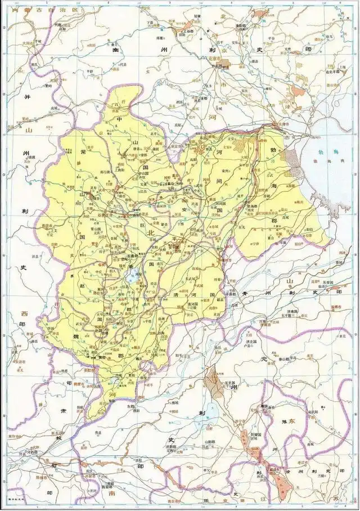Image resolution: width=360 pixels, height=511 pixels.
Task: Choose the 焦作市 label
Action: [x=14, y=437]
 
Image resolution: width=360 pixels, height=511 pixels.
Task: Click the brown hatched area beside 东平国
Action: [x=215, y=382]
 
